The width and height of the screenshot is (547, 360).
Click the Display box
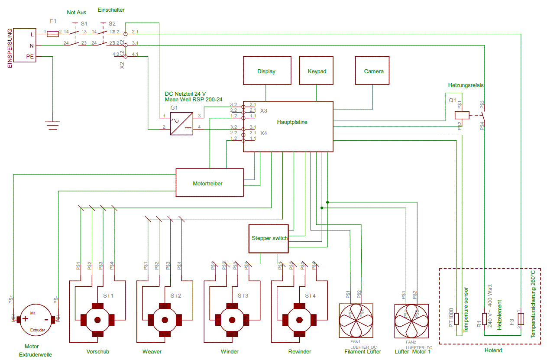(266, 71)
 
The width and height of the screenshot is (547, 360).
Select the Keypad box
(316, 71)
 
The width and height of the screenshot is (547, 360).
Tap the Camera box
(373, 71)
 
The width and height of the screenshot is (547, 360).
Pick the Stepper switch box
(268, 238)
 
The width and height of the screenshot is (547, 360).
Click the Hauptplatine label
(293, 122)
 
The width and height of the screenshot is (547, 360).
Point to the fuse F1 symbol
(52, 34)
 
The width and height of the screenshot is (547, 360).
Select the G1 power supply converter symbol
(181, 123)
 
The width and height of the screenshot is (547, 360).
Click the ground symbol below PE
(52, 125)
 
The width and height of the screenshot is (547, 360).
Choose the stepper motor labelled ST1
(97, 320)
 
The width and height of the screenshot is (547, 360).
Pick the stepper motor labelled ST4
(299, 320)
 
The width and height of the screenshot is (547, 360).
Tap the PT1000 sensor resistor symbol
(456, 319)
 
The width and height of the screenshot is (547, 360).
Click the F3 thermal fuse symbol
(521, 319)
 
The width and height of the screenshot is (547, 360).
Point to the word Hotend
(493, 350)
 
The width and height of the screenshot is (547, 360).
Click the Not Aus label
(77, 13)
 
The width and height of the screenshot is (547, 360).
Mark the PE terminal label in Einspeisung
(30, 56)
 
